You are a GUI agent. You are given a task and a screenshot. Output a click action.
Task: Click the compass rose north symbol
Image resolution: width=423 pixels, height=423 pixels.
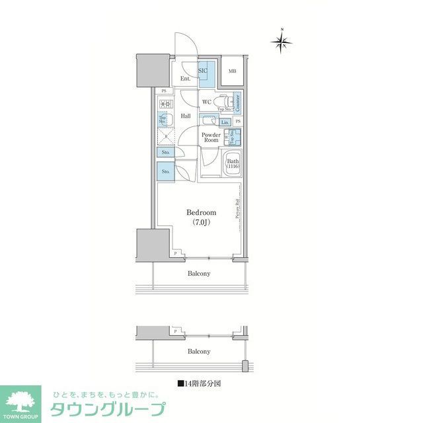[x=282, y=42]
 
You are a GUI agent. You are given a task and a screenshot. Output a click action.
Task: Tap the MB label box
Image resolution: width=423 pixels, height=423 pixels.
[x=233, y=71]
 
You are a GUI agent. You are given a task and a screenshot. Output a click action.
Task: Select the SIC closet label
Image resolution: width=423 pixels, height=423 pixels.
[x=204, y=71]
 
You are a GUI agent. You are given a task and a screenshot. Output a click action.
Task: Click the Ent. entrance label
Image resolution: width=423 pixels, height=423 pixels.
[x=186, y=79]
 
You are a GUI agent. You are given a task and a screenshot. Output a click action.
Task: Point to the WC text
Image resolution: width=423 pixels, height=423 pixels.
[x=206, y=101]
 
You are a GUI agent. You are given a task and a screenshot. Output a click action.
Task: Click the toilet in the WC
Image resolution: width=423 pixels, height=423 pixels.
[x=224, y=102]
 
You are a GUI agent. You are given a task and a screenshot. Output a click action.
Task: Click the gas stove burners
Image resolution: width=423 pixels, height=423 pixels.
[x=164, y=104]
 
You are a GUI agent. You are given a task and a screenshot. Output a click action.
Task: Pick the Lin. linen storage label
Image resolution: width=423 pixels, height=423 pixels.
[x=225, y=122]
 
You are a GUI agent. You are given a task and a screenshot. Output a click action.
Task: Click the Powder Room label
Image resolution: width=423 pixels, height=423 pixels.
[x=211, y=137]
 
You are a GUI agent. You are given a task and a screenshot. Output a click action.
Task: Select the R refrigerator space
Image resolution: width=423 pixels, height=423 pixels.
[x=165, y=136]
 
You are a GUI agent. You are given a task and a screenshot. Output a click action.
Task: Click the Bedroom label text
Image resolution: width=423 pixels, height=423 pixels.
[x=201, y=213]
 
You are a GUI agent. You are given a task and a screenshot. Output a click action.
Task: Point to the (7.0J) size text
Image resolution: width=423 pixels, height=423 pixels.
[x=201, y=223]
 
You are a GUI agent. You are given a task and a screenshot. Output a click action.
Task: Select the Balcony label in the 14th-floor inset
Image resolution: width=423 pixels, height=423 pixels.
[x=199, y=352]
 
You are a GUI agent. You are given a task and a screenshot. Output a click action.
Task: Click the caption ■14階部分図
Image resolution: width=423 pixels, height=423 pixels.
[x=199, y=383]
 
